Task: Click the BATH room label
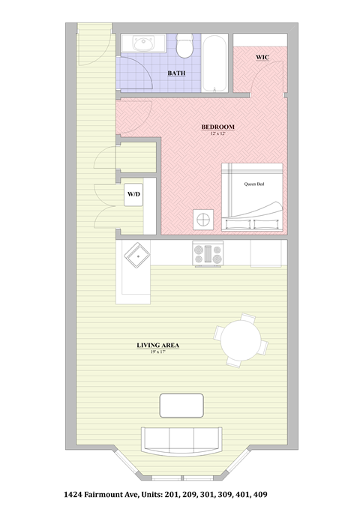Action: pos(176,73)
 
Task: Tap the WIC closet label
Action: pos(262,57)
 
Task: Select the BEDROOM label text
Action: pos(218,127)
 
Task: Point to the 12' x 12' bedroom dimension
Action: pos(218,133)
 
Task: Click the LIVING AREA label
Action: pos(157,346)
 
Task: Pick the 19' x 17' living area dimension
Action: pos(157,352)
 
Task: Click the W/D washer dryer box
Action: pos(133,194)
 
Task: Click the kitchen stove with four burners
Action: pos(208,255)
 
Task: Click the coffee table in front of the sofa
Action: pos(182,406)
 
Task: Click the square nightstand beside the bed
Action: pos(202,220)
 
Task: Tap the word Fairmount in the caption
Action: pos(121,495)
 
